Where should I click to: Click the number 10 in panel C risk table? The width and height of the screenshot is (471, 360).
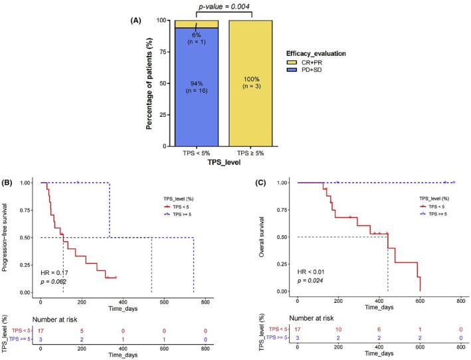(337, 330)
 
